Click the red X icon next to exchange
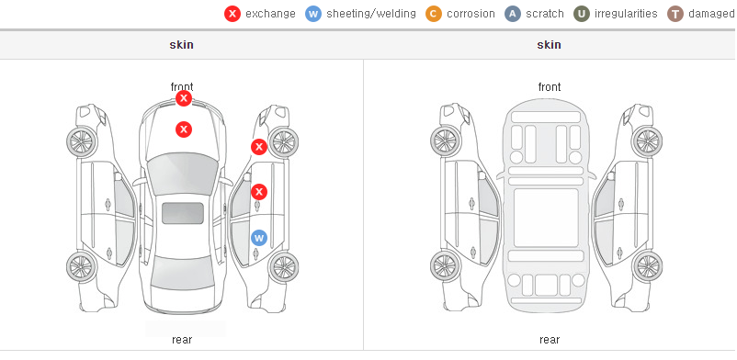click(232, 14)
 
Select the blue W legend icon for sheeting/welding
click(313, 14)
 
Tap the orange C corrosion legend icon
click(434, 14)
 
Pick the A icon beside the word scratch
click(513, 14)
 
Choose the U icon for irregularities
click(582, 14)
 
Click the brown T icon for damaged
click(675, 14)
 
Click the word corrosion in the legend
click(471, 14)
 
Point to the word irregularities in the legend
click(626, 14)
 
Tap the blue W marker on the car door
click(259, 238)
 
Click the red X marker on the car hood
click(184, 129)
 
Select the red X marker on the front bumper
click(184, 98)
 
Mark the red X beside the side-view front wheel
click(259, 147)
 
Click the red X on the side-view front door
click(259, 192)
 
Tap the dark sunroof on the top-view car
click(183, 213)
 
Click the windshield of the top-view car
click(183, 173)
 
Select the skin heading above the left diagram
click(181, 45)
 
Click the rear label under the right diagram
click(550, 340)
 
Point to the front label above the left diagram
click(182, 87)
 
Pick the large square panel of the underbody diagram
click(546, 218)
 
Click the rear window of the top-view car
click(183, 273)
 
